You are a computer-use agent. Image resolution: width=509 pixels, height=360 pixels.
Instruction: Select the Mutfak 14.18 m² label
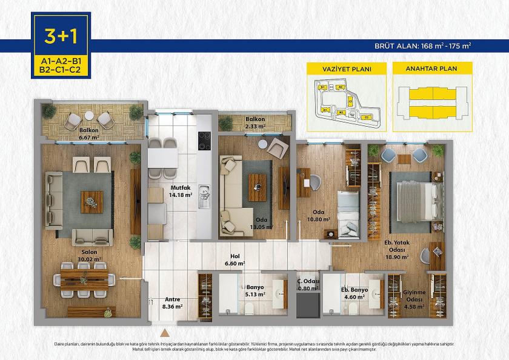(x=181, y=192)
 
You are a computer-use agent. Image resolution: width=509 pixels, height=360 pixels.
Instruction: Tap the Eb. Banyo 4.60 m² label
(x=355, y=293)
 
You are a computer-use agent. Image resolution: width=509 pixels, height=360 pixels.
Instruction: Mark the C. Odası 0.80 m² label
(x=308, y=284)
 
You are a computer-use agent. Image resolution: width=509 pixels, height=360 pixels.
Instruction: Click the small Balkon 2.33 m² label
(x=255, y=123)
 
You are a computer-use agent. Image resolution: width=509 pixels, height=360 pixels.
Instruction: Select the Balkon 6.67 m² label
(x=89, y=133)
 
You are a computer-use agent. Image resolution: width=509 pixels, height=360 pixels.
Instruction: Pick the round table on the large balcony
(x=89, y=115)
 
